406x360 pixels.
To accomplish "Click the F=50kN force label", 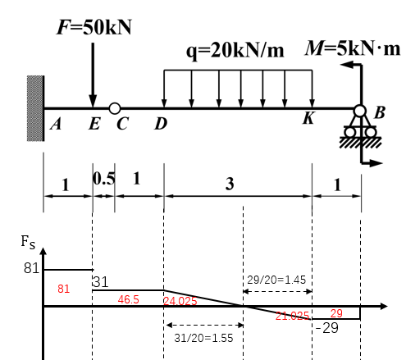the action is pyautogui.click(x=94, y=27).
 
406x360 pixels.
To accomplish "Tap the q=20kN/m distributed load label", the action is pyautogui.click(x=235, y=51).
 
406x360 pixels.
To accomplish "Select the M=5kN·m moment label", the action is pyautogui.click(x=353, y=48).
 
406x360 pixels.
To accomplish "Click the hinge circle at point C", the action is pyautogui.click(x=115, y=108).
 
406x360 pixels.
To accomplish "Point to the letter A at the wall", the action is pyautogui.click(x=56, y=124).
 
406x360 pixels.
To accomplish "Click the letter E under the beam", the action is pyautogui.click(x=94, y=124).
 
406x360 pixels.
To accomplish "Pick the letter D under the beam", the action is pyautogui.click(x=161, y=124).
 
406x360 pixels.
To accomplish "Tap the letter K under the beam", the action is pyautogui.click(x=309, y=118).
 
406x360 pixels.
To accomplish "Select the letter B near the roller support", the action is pyautogui.click(x=380, y=112).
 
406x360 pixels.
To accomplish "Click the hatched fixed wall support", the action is pyautogui.click(x=35, y=108).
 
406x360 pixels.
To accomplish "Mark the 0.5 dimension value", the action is pyautogui.click(x=104, y=179).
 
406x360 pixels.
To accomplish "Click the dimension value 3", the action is pyautogui.click(x=230, y=184).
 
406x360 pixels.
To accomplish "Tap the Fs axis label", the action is pyautogui.click(x=28, y=242).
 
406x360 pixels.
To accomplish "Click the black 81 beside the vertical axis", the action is pyautogui.click(x=31, y=268).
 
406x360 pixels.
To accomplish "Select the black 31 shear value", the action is pyautogui.click(x=101, y=282).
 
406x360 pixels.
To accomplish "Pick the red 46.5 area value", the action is pyautogui.click(x=128, y=299).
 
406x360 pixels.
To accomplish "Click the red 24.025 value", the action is pyautogui.click(x=180, y=301).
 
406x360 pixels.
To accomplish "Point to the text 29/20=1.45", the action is pyautogui.click(x=276, y=280).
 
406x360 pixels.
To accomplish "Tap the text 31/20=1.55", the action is pyautogui.click(x=203, y=338).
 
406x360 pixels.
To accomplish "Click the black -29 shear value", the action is pyautogui.click(x=327, y=328).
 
